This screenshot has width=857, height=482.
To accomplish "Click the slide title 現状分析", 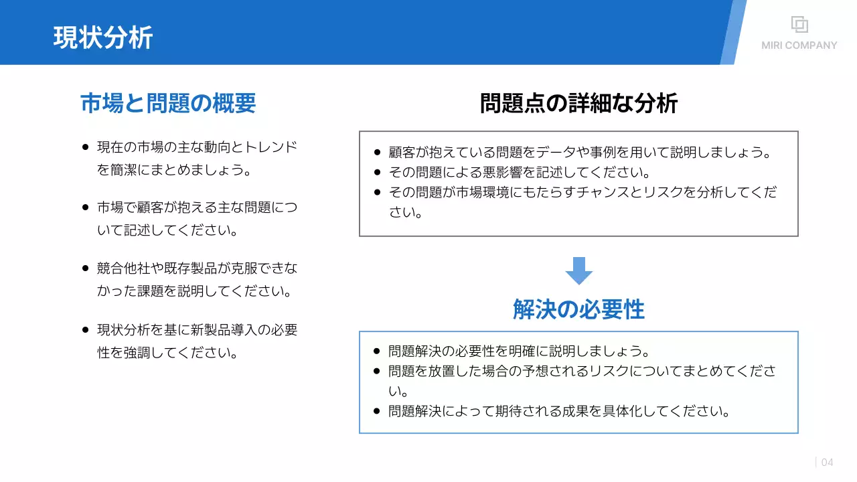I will pos(103,37).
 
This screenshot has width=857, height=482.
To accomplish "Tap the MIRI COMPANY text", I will pos(799,46).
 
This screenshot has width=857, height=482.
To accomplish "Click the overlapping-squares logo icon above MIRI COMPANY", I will pos(799,24).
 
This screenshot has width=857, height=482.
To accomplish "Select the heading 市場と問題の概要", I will pos(168,103).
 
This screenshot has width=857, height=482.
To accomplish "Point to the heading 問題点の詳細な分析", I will pos(578,103).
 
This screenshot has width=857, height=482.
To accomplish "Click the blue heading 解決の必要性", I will pos(578,309).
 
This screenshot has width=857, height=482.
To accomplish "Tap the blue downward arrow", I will pos(578,270).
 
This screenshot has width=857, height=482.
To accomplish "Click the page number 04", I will pos(828,462).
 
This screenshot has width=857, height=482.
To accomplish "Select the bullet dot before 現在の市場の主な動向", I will pos(85,147).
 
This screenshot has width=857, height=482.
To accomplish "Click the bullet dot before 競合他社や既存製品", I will pos(85,268).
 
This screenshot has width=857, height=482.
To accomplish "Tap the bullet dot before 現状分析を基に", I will pos(85,329).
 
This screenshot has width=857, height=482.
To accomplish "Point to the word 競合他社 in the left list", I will pos(122,268).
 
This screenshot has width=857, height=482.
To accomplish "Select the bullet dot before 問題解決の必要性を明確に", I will pos(377,351).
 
